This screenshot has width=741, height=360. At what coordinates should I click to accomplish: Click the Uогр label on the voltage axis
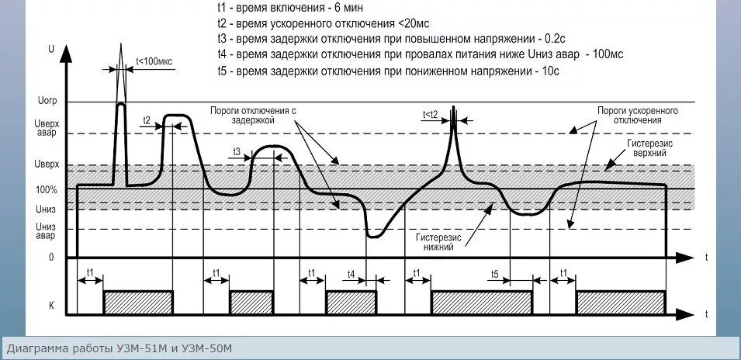pos(47,102)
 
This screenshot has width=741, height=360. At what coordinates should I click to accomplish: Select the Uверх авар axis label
pos(47,127)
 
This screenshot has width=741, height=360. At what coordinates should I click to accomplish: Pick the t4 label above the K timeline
pos(351,273)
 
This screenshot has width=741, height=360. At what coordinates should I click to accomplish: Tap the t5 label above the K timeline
pos(494,273)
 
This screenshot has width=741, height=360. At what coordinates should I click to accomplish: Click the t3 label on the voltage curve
pos(237,149)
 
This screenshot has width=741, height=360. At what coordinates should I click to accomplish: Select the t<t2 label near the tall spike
pos(430,114)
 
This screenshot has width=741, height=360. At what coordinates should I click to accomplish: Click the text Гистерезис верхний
pos(649,149)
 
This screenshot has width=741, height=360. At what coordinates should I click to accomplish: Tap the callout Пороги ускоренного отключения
pos(637,116)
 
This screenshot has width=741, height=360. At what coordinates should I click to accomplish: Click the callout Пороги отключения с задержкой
pos(253,116)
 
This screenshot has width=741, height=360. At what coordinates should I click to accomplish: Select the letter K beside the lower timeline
pos(51,306)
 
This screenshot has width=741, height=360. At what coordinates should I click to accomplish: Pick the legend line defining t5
pos(388,71)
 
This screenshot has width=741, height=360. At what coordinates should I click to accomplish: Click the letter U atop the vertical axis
pos(51,48)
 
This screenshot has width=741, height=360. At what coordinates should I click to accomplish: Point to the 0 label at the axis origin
pos(52,257)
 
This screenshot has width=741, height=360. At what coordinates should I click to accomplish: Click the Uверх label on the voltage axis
pos(47,165)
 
